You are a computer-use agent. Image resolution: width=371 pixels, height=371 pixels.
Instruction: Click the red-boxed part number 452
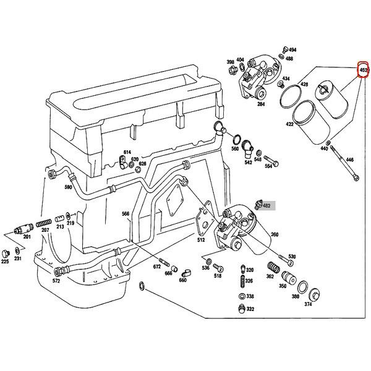tap(364, 70)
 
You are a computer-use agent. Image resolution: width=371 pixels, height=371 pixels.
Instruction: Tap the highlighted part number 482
tap(267, 205)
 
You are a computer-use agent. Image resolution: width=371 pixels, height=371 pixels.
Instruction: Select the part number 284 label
tap(261, 104)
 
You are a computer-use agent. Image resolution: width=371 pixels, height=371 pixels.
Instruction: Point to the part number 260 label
tap(274, 234)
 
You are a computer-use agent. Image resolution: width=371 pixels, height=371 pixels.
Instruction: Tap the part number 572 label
tap(56, 281)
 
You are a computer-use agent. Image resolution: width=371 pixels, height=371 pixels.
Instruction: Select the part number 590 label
tap(68, 187)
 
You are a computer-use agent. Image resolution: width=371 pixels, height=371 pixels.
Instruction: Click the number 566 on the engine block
tap(126, 214)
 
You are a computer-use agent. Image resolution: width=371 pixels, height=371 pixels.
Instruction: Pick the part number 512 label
tap(201, 240)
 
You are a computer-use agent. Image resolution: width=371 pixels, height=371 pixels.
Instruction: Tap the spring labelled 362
tap(270, 268)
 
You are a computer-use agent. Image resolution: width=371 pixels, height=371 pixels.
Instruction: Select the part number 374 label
tap(308, 304)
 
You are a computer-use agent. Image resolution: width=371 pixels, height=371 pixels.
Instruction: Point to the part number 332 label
tap(250, 309)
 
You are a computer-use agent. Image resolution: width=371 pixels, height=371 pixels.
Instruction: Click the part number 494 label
tap(292, 49)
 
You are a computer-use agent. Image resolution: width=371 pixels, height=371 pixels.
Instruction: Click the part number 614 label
tap(127, 152)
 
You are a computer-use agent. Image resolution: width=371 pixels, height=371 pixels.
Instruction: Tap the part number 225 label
tap(5, 262)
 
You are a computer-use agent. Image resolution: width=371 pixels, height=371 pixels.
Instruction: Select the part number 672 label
tap(157, 267)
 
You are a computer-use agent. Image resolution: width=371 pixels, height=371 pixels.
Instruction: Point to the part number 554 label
tap(268, 166)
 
